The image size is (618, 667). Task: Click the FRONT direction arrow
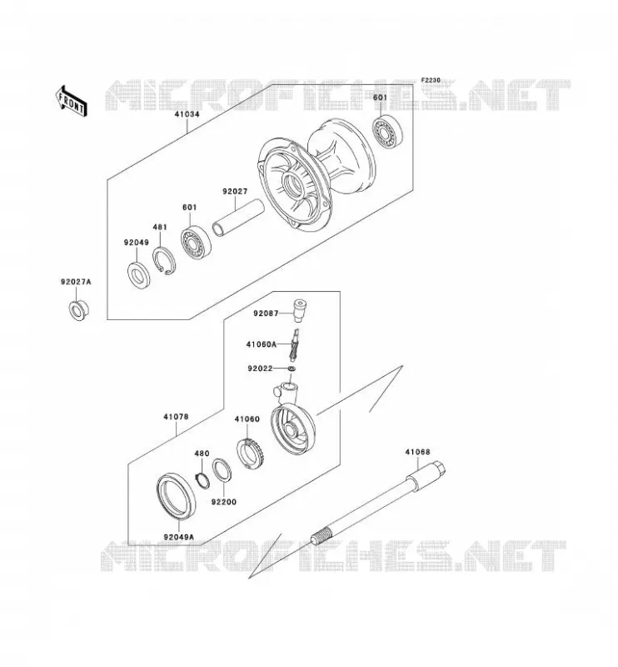click(71, 101)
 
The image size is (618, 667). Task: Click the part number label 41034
click(187, 114)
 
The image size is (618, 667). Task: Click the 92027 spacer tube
click(238, 217)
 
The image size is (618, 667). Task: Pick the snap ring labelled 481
click(163, 261)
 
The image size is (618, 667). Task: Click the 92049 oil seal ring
click(138, 275)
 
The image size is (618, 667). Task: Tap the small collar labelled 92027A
click(78, 310)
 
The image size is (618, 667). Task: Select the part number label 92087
click(266, 313)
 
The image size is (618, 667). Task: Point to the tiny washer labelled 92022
click(292, 368)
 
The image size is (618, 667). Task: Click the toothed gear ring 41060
click(251, 454)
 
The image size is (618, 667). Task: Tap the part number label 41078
click(176, 417)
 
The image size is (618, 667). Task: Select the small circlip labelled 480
click(202, 480)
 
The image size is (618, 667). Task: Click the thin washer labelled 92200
click(222, 470)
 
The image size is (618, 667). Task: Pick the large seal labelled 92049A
click(176, 495)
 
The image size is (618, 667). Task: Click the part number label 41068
click(417, 452)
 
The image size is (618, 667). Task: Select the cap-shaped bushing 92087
click(299, 311)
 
